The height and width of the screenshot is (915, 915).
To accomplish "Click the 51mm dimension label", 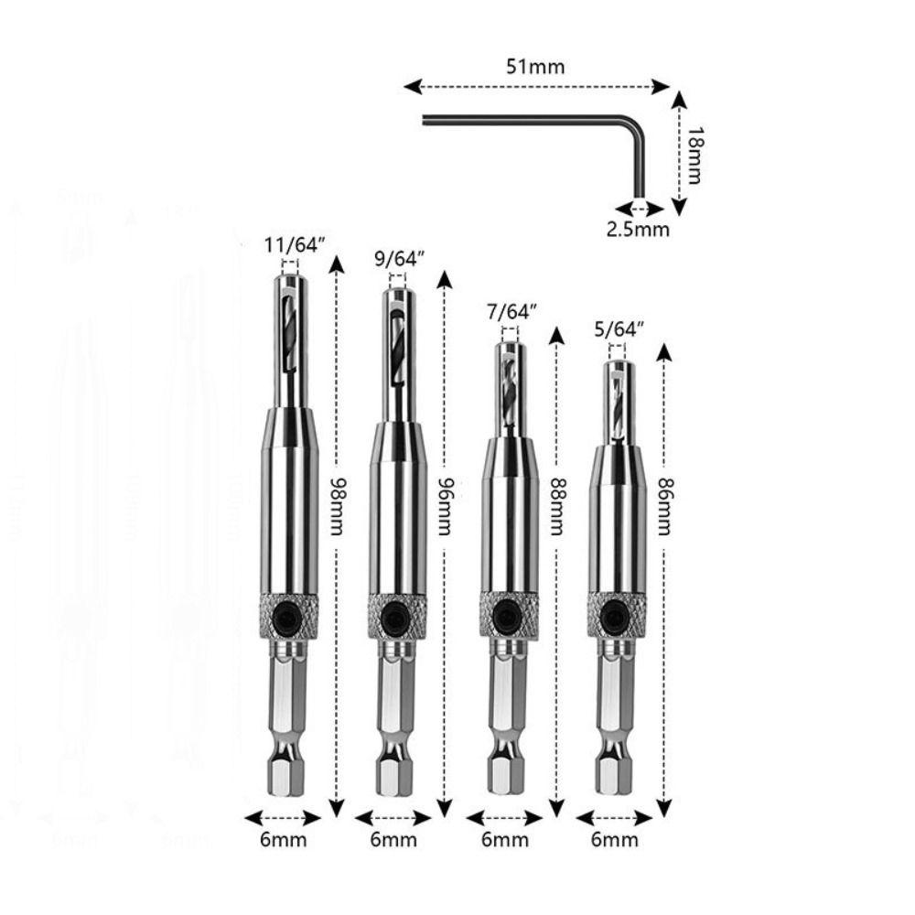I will [535, 67].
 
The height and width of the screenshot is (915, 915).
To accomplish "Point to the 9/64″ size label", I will [401, 259].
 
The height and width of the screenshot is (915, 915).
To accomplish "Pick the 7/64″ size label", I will [511, 311].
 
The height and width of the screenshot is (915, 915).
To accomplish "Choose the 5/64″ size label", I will [619, 327].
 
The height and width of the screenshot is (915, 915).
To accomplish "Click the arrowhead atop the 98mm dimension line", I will [337, 265].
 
